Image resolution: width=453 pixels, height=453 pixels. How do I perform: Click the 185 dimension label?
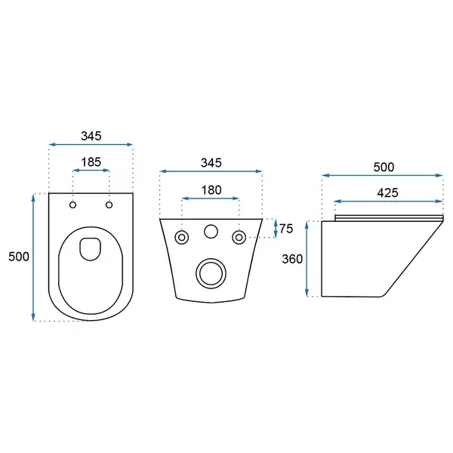[x=91, y=162]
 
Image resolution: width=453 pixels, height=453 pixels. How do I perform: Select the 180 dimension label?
[x=211, y=190]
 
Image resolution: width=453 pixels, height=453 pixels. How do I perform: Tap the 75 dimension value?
[x=286, y=229]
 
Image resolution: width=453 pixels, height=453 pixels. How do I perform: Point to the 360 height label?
[x=292, y=259]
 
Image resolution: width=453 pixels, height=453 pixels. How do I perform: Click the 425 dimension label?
[x=388, y=193]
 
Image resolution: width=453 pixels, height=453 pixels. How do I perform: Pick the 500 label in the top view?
[x=19, y=257]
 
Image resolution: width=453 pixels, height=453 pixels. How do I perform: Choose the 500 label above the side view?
[x=384, y=168]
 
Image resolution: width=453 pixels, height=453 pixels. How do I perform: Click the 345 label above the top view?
[x=91, y=136]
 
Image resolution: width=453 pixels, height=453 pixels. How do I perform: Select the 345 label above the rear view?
[x=211, y=163]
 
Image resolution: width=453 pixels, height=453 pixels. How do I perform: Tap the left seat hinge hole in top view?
[x=72, y=205]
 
